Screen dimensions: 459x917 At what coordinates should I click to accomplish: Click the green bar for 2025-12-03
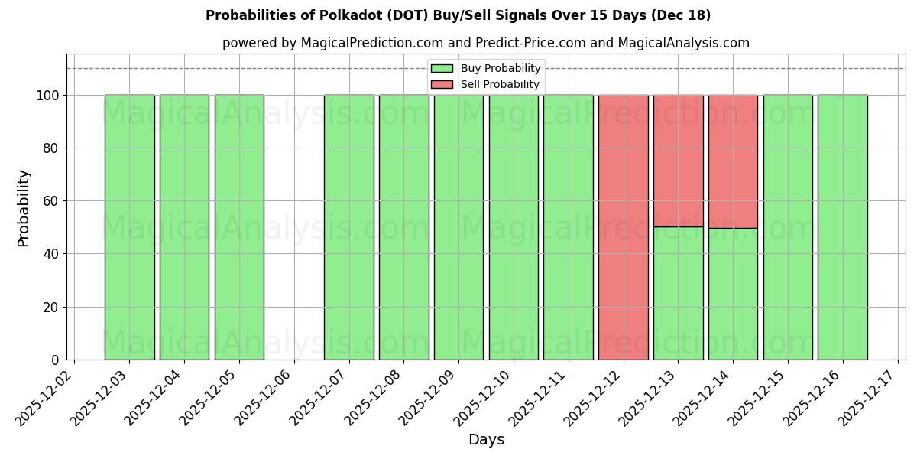[129, 227]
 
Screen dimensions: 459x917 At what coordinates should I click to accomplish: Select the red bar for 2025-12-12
[623, 227]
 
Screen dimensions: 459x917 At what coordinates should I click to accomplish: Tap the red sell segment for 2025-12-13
[678, 161]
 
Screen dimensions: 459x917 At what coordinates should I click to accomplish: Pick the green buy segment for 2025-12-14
[733, 294]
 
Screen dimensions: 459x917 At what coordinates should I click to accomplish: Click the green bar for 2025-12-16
[842, 227]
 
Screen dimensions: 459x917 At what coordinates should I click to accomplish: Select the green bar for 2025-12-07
[348, 227]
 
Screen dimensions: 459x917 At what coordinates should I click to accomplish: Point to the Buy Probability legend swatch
[442, 68]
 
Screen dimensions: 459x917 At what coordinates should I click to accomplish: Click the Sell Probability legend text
[500, 85]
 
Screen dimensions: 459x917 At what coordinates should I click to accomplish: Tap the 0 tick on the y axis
[56, 360]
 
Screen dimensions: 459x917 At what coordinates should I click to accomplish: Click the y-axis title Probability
[24, 208]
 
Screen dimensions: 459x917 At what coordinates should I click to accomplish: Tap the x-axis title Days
[486, 440]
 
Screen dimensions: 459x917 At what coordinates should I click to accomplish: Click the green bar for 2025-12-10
[514, 227]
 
